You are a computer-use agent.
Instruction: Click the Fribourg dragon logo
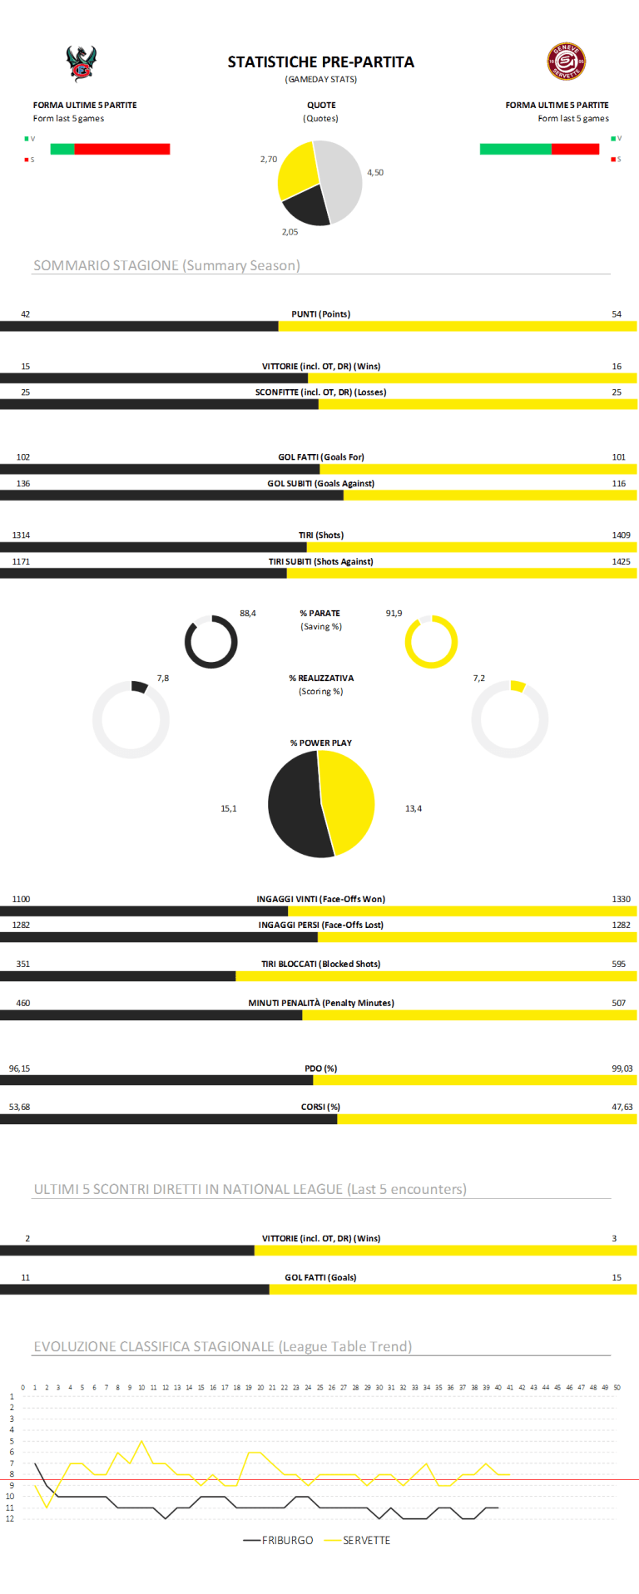82,64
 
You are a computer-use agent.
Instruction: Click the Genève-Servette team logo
566,62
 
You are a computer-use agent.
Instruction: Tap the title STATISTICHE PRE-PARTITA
321,62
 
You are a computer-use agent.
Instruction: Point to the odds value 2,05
290,232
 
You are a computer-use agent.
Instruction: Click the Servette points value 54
617,314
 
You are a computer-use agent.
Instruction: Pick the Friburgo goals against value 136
23,483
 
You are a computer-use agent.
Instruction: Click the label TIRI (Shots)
321,535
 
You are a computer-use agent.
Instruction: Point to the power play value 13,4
414,808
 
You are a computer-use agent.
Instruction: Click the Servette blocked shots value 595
618,965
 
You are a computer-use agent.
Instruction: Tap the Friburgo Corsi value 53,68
19,1107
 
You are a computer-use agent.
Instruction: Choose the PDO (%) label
320,1068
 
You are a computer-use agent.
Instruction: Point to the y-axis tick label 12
12,1518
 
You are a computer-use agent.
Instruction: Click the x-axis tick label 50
617,1388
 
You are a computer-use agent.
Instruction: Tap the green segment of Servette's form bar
515,149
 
